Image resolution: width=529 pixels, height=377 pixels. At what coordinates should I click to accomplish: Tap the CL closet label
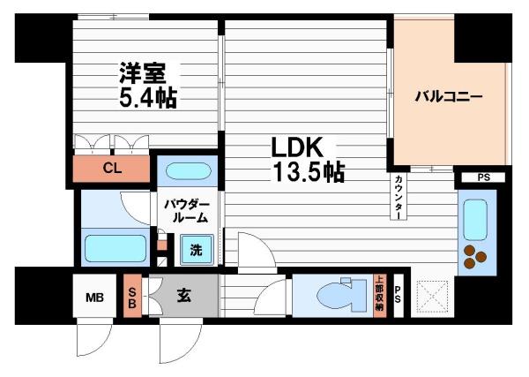111,169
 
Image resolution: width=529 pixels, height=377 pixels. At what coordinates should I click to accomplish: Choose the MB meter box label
93,298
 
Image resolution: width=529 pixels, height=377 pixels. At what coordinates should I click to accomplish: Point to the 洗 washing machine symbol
197,250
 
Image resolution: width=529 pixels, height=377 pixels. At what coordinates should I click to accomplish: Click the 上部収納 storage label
378,295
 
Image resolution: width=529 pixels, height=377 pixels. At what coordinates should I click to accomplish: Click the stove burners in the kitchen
477,256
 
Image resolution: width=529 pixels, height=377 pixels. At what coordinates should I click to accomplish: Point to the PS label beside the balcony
483,177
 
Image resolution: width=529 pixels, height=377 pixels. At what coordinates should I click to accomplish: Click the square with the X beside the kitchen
432,295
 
